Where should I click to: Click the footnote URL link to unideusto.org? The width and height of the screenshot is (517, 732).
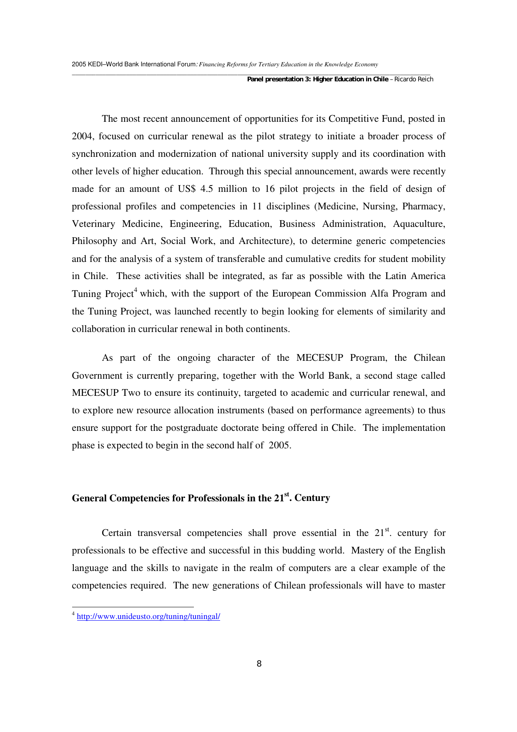pyautogui.click(x=148, y=616)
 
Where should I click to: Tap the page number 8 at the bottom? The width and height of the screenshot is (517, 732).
pyautogui.click(x=259, y=664)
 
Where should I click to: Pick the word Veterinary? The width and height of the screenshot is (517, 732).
pyautogui.click(x=93, y=224)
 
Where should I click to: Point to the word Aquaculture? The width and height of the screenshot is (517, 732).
pyautogui.click(x=419, y=224)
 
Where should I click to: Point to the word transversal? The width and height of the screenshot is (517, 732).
pyautogui.click(x=159, y=533)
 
